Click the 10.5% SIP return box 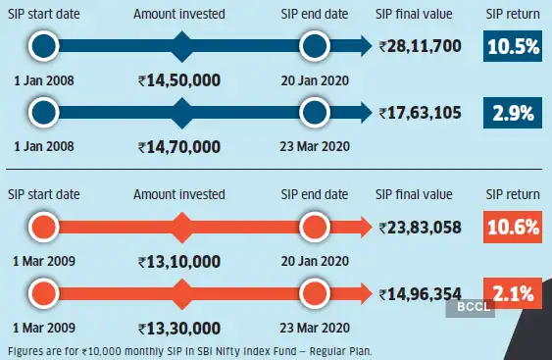tap(510, 45)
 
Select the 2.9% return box tap(510, 114)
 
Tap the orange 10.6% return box tap(510, 227)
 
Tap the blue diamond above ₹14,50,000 tap(179, 45)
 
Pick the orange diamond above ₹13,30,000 tap(179, 291)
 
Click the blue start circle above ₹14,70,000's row tap(44, 114)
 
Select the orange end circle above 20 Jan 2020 tap(314, 227)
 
